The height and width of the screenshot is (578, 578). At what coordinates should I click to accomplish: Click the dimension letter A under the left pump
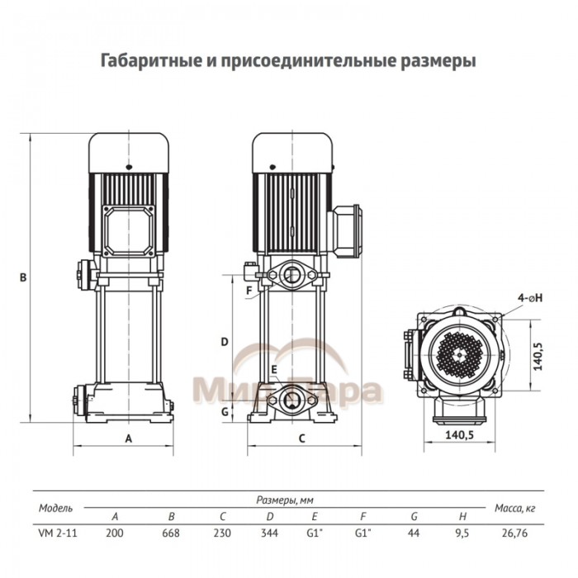(128, 438)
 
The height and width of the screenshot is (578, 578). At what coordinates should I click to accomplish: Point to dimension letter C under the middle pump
(301, 438)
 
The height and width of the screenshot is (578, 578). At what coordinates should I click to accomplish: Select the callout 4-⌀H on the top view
(528, 295)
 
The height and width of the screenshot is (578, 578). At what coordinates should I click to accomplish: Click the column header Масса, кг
(515, 507)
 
